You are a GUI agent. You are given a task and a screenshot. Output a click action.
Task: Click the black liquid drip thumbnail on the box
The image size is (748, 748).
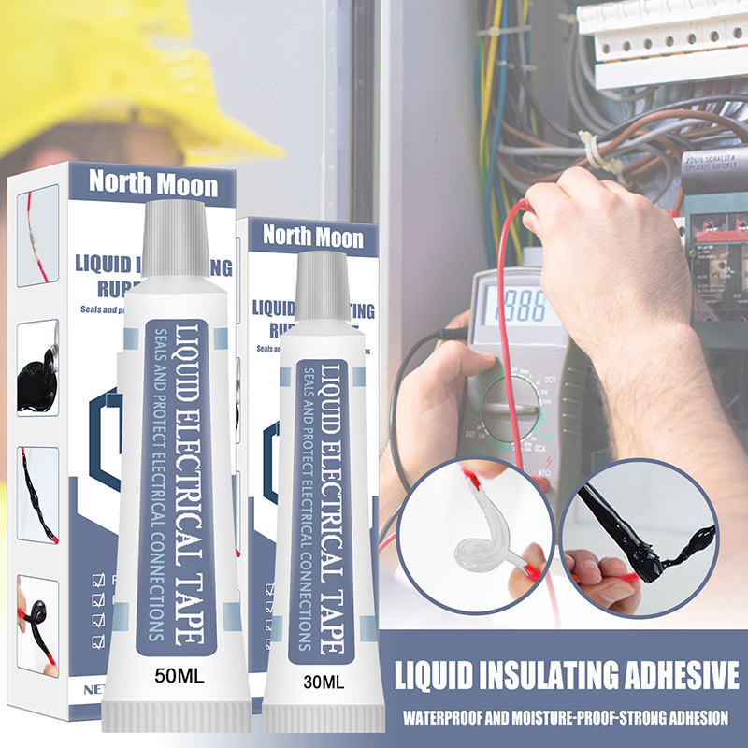[x=38, y=360]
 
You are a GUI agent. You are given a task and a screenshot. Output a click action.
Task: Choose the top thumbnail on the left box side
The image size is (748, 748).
[x=38, y=249]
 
